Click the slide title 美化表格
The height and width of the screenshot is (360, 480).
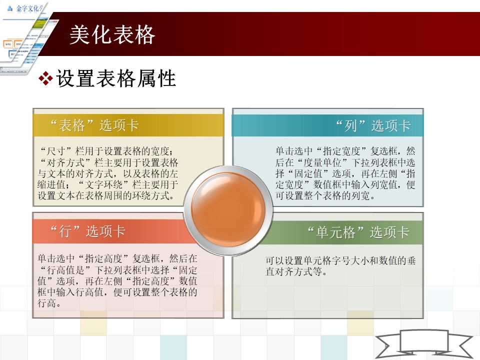click(112, 34)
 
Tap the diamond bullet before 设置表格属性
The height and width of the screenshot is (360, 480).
click(45, 78)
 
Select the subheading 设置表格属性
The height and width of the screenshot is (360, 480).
click(116, 78)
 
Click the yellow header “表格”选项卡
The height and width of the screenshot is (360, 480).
click(95, 125)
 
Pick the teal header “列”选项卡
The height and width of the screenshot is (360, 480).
click(373, 125)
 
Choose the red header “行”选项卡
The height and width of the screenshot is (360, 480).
click(88, 231)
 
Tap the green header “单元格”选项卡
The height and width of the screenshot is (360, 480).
click(358, 232)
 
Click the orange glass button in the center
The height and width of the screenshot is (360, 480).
click(228, 209)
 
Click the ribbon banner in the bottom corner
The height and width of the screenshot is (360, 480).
click(424, 344)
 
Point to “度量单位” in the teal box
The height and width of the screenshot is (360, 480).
click(323, 162)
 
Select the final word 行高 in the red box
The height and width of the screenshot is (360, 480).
click(46, 303)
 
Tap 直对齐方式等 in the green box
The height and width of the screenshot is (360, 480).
click(293, 271)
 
